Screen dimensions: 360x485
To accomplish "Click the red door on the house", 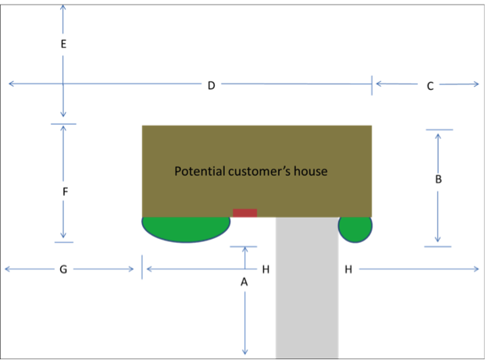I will click(x=245, y=213).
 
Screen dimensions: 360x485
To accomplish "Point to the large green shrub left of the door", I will click(x=186, y=227).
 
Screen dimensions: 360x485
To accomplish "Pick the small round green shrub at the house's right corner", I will click(x=355, y=227).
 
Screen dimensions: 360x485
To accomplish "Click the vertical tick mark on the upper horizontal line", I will click(x=372, y=84).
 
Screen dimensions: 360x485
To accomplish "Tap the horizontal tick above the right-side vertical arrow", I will click(x=438, y=130).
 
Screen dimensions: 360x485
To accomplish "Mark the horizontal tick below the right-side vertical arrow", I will click(x=437, y=247).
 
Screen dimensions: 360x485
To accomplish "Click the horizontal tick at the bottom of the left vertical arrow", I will click(x=63, y=242).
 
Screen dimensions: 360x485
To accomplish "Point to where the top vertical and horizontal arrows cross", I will click(x=62, y=84).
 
